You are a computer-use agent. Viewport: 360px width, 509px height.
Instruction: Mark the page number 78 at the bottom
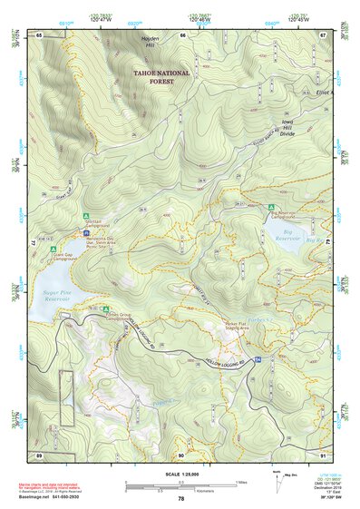tap(180, 499)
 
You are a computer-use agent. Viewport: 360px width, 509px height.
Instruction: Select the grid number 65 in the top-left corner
tap(39, 34)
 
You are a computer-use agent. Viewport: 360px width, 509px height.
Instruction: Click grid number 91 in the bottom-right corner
tap(323, 455)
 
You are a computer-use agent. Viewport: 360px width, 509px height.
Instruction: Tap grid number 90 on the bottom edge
tap(180, 455)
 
